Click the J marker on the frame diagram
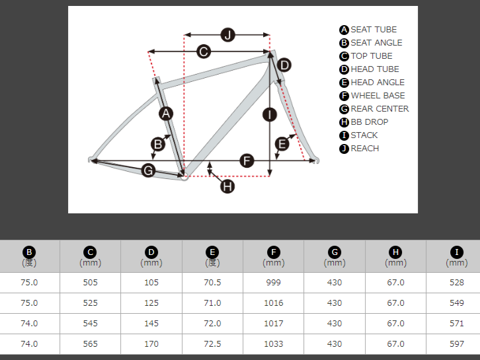[227, 35]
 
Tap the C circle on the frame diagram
[204, 52]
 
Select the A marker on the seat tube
[166, 114]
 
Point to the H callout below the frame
[227, 186]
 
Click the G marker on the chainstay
[149, 170]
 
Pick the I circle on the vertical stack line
[270, 115]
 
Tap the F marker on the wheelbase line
[247, 161]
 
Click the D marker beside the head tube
[284, 65]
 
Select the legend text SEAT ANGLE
[376, 43]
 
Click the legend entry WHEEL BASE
[378, 96]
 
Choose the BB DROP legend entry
[369, 122]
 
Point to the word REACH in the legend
[365, 149]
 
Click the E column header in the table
[212, 256]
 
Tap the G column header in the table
[335, 256]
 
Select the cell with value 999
[273, 282]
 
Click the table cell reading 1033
[273, 343]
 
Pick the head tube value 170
[151, 343]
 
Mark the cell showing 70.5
[212, 282]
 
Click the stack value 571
[456, 323]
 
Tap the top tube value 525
[90, 303]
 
